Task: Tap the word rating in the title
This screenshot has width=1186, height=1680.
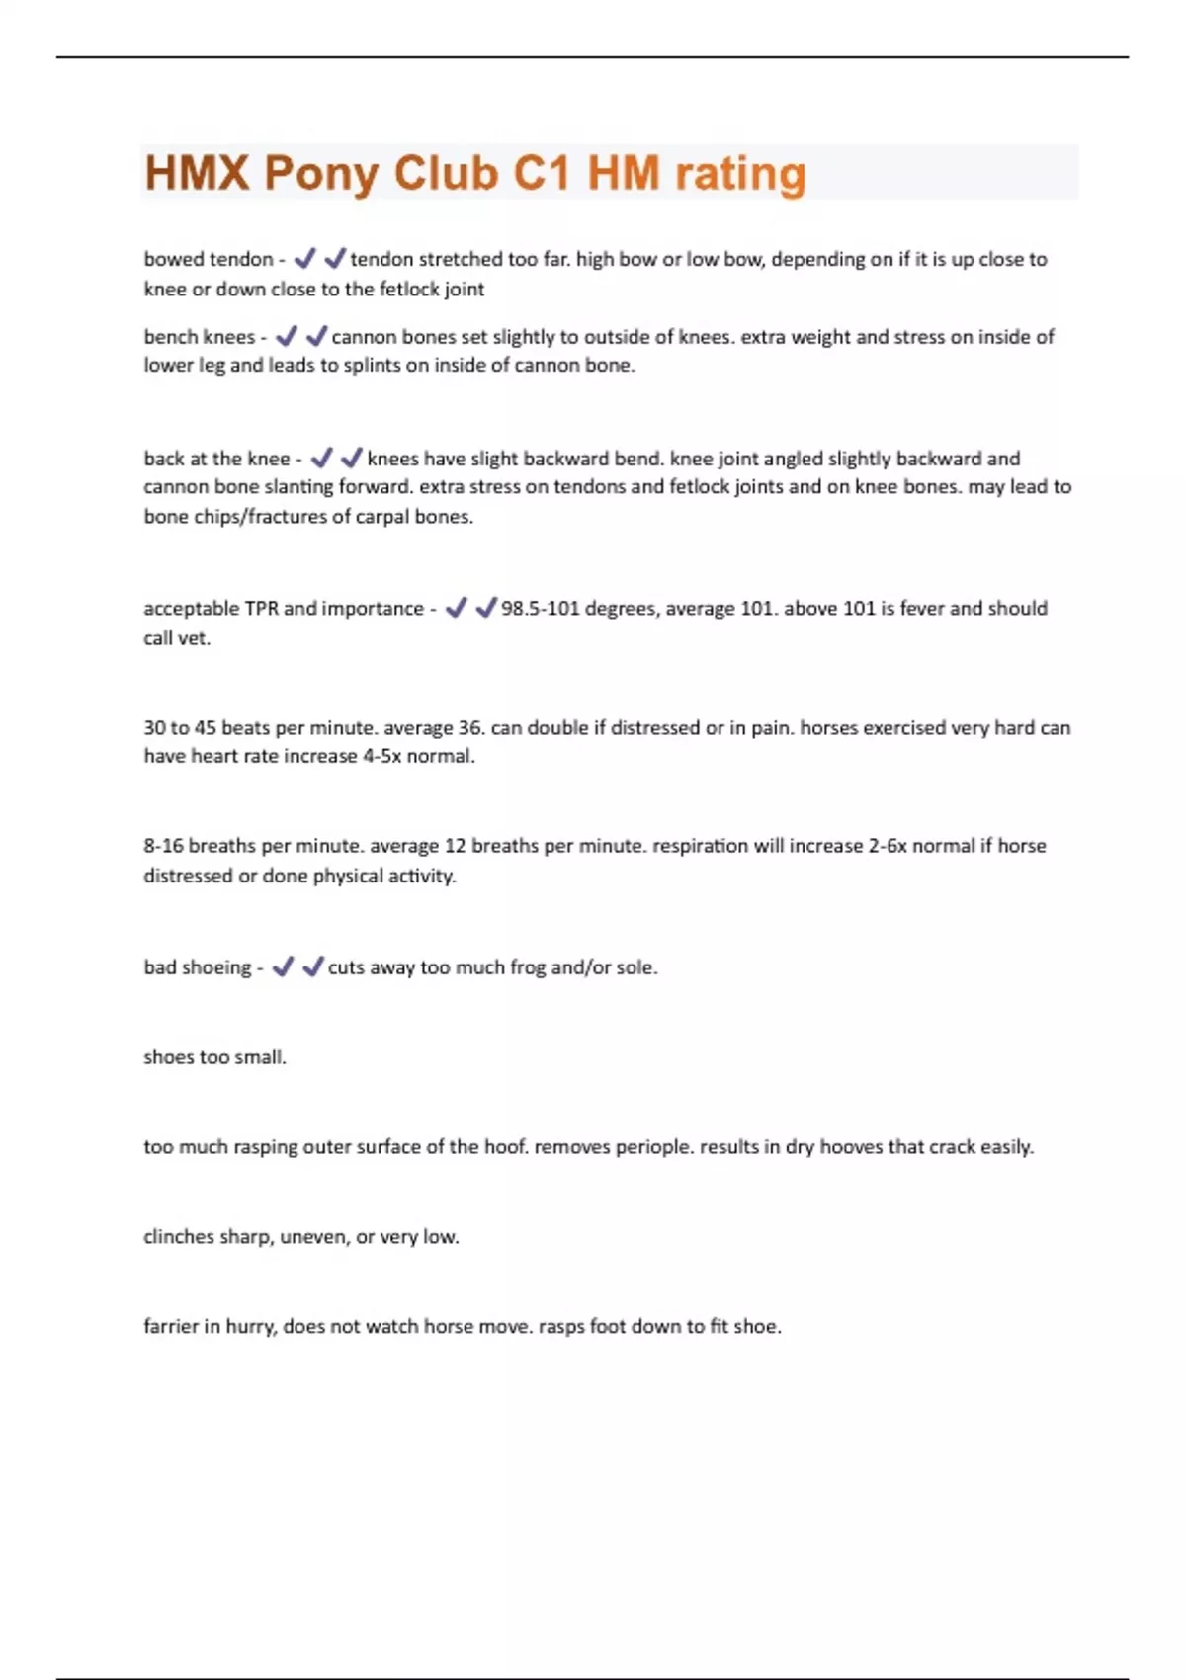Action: point(740,174)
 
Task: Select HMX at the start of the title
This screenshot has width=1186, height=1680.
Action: point(197,174)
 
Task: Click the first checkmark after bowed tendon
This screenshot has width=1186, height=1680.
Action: point(304,259)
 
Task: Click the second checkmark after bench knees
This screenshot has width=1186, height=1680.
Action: point(316,337)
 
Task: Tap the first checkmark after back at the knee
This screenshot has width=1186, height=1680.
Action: point(321,459)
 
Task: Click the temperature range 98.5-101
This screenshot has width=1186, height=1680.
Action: point(540,608)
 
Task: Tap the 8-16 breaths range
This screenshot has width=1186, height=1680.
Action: point(163,846)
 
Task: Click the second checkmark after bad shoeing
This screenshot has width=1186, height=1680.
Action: point(312,967)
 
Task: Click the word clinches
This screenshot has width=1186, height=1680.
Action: point(178,1237)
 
